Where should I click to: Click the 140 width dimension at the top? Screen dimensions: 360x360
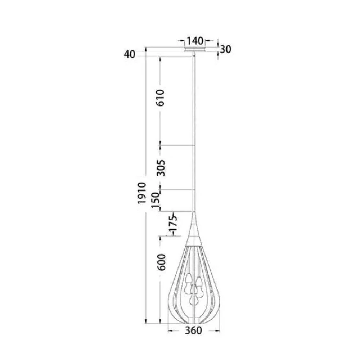(195, 41)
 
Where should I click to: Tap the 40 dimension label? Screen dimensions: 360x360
(129, 54)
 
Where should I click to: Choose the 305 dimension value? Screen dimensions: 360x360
(161, 167)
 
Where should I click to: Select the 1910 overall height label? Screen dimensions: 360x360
(141, 193)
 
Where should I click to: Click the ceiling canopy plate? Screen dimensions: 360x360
(195, 49)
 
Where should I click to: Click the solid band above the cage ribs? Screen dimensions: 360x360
(194, 239)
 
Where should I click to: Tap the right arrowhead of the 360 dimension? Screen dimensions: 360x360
(218, 330)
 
